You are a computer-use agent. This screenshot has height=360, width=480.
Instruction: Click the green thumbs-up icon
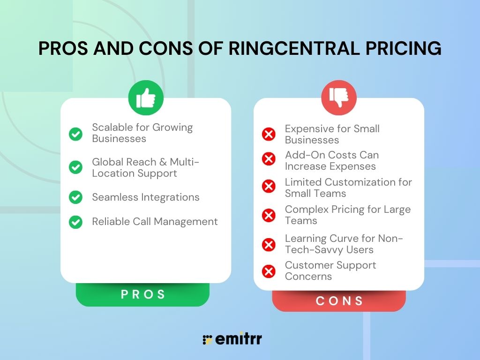tap(146, 97)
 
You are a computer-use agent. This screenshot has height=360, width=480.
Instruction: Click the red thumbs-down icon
tap(339, 97)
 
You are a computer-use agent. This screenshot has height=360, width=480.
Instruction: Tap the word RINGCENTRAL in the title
tap(294, 48)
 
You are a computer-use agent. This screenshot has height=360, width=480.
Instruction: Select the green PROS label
tap(142, 294)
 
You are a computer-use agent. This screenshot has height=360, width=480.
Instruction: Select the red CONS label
tap(339, 300)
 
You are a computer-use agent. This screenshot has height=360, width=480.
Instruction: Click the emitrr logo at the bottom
tap(232, 338)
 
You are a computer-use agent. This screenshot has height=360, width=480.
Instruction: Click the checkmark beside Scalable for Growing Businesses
tap(75, 134)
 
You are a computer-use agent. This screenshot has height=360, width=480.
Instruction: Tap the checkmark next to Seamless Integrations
tap(75, 197)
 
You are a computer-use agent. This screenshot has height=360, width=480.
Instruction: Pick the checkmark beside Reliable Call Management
tap(75, 222)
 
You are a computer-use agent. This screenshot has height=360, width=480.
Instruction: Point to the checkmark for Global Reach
tap(75, 167)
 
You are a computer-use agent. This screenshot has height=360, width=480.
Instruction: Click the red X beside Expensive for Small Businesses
tap(269, 134)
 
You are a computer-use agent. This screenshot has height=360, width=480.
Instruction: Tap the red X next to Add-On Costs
tap(269, 159)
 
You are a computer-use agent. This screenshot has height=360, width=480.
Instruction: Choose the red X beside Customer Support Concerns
tap(269, 271)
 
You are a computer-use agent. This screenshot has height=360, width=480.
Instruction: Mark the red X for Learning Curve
tap(269, 245)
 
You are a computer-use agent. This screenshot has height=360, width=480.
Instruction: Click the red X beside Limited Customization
tap(269, 186)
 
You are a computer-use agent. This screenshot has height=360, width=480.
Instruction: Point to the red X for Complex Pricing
tap(269, 215)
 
